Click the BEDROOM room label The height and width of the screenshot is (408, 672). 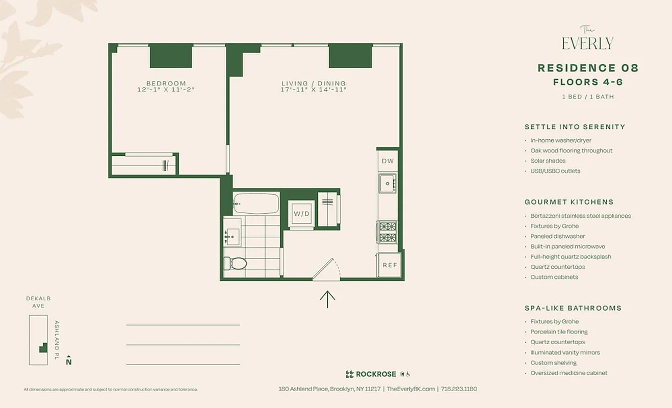pos(166,83)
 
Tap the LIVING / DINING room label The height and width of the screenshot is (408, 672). pos(314,83)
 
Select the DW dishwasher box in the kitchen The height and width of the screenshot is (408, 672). pos(387,161)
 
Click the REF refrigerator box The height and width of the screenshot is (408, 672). pos(390,265)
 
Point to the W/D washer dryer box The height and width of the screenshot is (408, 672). pos(301,214)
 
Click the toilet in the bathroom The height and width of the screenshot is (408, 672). pos(235,263)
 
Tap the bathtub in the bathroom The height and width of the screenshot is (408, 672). pos(256,203)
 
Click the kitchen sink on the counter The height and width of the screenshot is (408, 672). pos(387,183)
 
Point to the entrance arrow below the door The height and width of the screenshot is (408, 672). pos(327,299)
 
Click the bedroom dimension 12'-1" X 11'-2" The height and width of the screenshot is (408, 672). pos(166,90)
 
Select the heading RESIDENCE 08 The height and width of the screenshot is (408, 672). pos(588,68)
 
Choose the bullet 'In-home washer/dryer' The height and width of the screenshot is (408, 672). pos(560,140)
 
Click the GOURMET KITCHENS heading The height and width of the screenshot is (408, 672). pos(569,202)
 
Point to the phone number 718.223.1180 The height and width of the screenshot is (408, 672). pos(459,389)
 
